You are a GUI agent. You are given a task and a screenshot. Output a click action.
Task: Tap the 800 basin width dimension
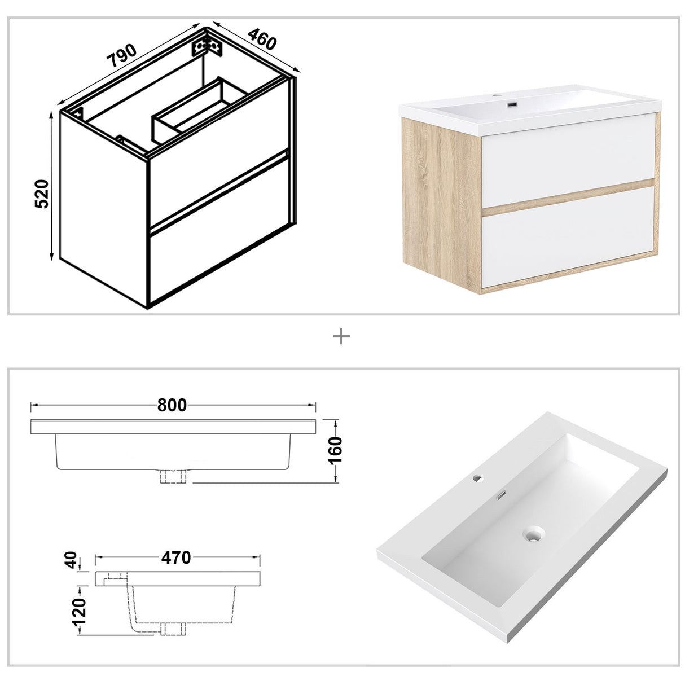[x=172, y=405]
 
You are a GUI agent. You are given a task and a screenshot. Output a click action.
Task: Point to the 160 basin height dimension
[x=335, y=450]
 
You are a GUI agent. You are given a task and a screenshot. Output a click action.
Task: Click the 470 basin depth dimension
[x=176, y=557]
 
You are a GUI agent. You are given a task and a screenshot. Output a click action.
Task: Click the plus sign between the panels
[x=342, y=337]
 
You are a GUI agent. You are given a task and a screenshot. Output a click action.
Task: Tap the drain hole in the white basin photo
[x=532, y=533]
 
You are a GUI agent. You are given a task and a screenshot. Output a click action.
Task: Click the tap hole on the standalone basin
[x=478, y=478]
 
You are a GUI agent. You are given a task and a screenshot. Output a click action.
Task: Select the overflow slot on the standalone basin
[x=500, y=497]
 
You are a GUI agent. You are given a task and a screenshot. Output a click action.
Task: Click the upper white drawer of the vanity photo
[x=567, y=160]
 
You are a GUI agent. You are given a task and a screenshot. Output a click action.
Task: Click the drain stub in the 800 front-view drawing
[x=174, y=476]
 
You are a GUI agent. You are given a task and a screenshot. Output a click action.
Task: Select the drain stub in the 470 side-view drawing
[x=173, y=627]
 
